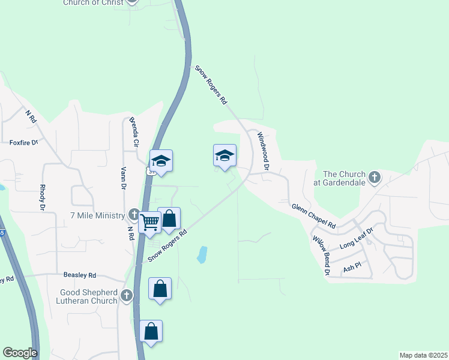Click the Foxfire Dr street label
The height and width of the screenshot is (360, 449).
pos(24,143)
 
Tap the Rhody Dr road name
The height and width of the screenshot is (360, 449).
pos(43,197)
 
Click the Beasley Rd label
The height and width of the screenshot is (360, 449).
pos(80,275)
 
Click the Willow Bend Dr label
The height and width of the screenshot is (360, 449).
pos(321,254)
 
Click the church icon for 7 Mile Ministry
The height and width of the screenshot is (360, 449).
pos(134,215)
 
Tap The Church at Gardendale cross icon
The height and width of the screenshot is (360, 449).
pos(375,177)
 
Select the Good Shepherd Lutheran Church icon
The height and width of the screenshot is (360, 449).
pos(126,295)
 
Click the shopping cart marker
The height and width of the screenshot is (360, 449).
pos(149,222)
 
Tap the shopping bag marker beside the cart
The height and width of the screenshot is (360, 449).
pos(169,219)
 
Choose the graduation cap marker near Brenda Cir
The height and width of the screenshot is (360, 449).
pos(161,160)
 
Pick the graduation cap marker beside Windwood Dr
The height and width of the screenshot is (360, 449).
pos(224,155)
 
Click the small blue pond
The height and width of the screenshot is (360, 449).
pos(203,254)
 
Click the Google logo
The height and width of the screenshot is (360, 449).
pos(20,353)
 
